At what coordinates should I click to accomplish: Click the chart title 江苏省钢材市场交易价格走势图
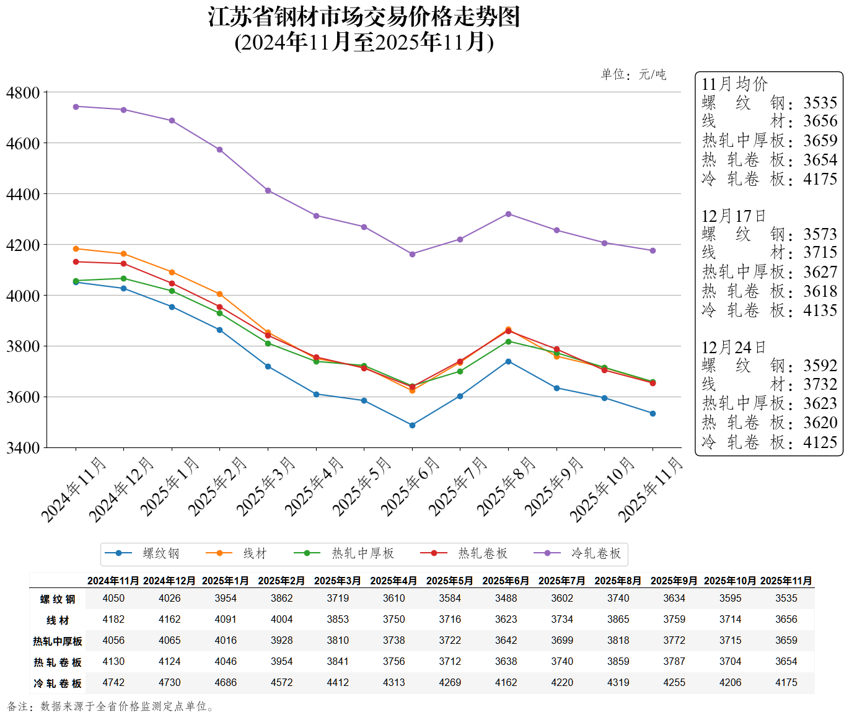(364, 17)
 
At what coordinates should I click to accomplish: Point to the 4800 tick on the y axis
(23, 93)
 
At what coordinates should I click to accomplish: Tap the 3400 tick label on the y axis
(23, 447)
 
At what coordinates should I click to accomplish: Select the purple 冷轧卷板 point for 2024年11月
(76, 107)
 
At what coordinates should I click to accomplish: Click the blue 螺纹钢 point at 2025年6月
(412, 425)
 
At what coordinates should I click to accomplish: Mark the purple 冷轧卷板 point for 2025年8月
(508, 214)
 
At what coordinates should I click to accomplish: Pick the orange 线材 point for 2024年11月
(76, 248)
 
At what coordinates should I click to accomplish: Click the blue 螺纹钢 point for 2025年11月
(653, 413)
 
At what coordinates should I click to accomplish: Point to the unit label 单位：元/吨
(633, 75)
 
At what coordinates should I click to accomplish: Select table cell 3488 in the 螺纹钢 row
(506, 598)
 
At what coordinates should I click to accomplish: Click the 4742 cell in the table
(113, 682)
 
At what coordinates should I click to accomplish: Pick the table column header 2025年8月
(618, 581)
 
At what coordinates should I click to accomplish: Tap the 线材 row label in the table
(58, 620)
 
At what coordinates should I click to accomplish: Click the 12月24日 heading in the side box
(733, 348)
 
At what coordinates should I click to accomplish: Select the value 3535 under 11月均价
(820, 103)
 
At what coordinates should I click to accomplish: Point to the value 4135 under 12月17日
(820, 310)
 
